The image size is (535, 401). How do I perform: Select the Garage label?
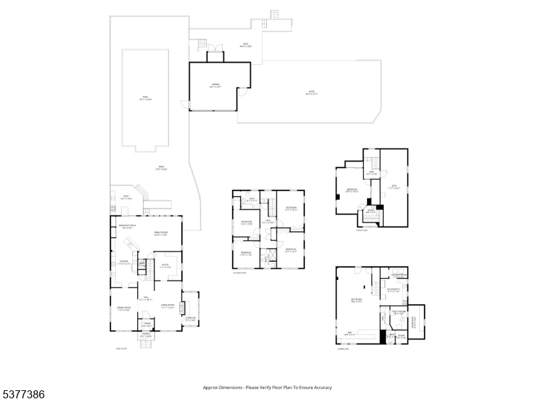point(215,85)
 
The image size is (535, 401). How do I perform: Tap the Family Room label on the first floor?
point(160,233)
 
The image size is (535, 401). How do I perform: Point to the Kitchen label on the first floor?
point(124,261)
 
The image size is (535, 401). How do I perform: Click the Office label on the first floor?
point(165,267)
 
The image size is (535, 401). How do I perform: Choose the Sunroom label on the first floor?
point(191,319)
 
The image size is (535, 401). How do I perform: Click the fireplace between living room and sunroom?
point(181,307)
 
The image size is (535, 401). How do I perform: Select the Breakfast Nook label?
point(127,227)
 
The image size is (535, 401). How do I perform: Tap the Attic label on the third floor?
point(394,188)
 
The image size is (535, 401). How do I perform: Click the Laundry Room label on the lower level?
point(399,275)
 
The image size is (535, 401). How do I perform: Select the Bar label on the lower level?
point(350,333)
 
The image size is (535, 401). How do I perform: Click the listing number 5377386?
point(23,394)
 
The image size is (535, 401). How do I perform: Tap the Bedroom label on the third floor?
point(352,190)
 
